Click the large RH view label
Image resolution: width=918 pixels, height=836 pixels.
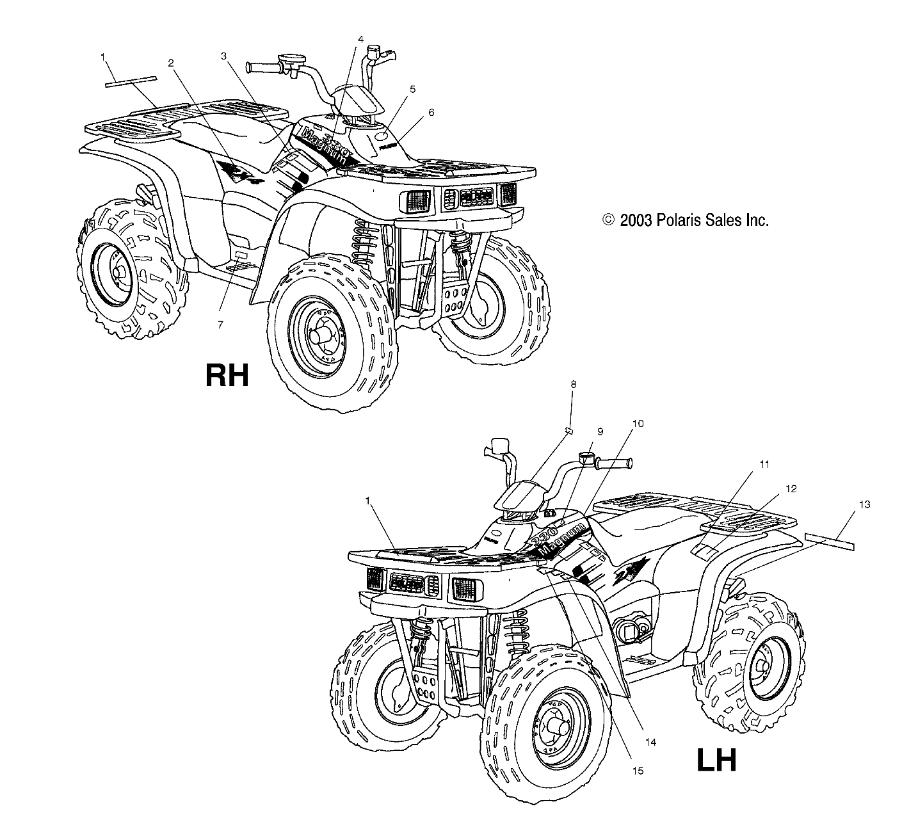(x=227, y=375)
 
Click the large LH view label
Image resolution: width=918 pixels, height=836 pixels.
(x=716, y=760)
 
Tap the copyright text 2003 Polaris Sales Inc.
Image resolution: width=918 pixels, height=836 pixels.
(x=685, y=221)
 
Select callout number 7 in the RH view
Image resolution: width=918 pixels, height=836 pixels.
(x=220, y=325)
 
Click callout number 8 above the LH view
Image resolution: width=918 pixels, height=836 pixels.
(x=573, y=385)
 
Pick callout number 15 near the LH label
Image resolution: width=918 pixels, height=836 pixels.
(x=638, y=771)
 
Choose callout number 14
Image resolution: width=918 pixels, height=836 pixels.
(x=651, y=743)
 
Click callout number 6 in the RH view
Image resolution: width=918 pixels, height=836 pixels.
(x=431, y=112)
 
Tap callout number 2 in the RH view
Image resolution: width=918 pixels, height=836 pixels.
(x=171, y=63)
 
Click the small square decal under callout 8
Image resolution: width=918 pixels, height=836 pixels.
(x=567, y=431)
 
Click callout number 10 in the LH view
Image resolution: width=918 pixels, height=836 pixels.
(x=638, y=424)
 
